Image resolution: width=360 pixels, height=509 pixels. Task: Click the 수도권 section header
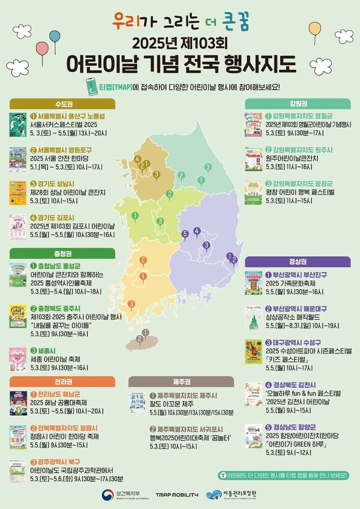[63, 103]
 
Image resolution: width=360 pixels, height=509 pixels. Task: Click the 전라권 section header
[63, 381]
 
